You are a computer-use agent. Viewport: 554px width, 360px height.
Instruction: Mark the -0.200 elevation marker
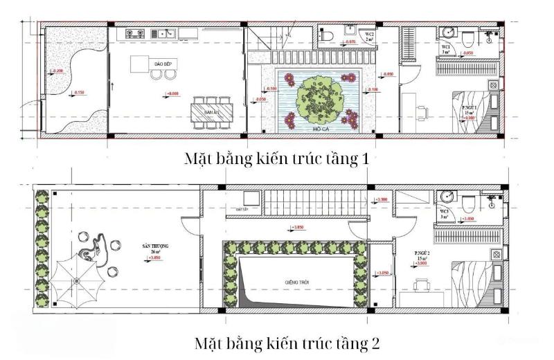[57, 71]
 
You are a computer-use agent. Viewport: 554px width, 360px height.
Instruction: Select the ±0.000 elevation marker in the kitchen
[172, 93]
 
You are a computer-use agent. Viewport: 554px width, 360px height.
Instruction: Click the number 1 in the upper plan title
[364, 159]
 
